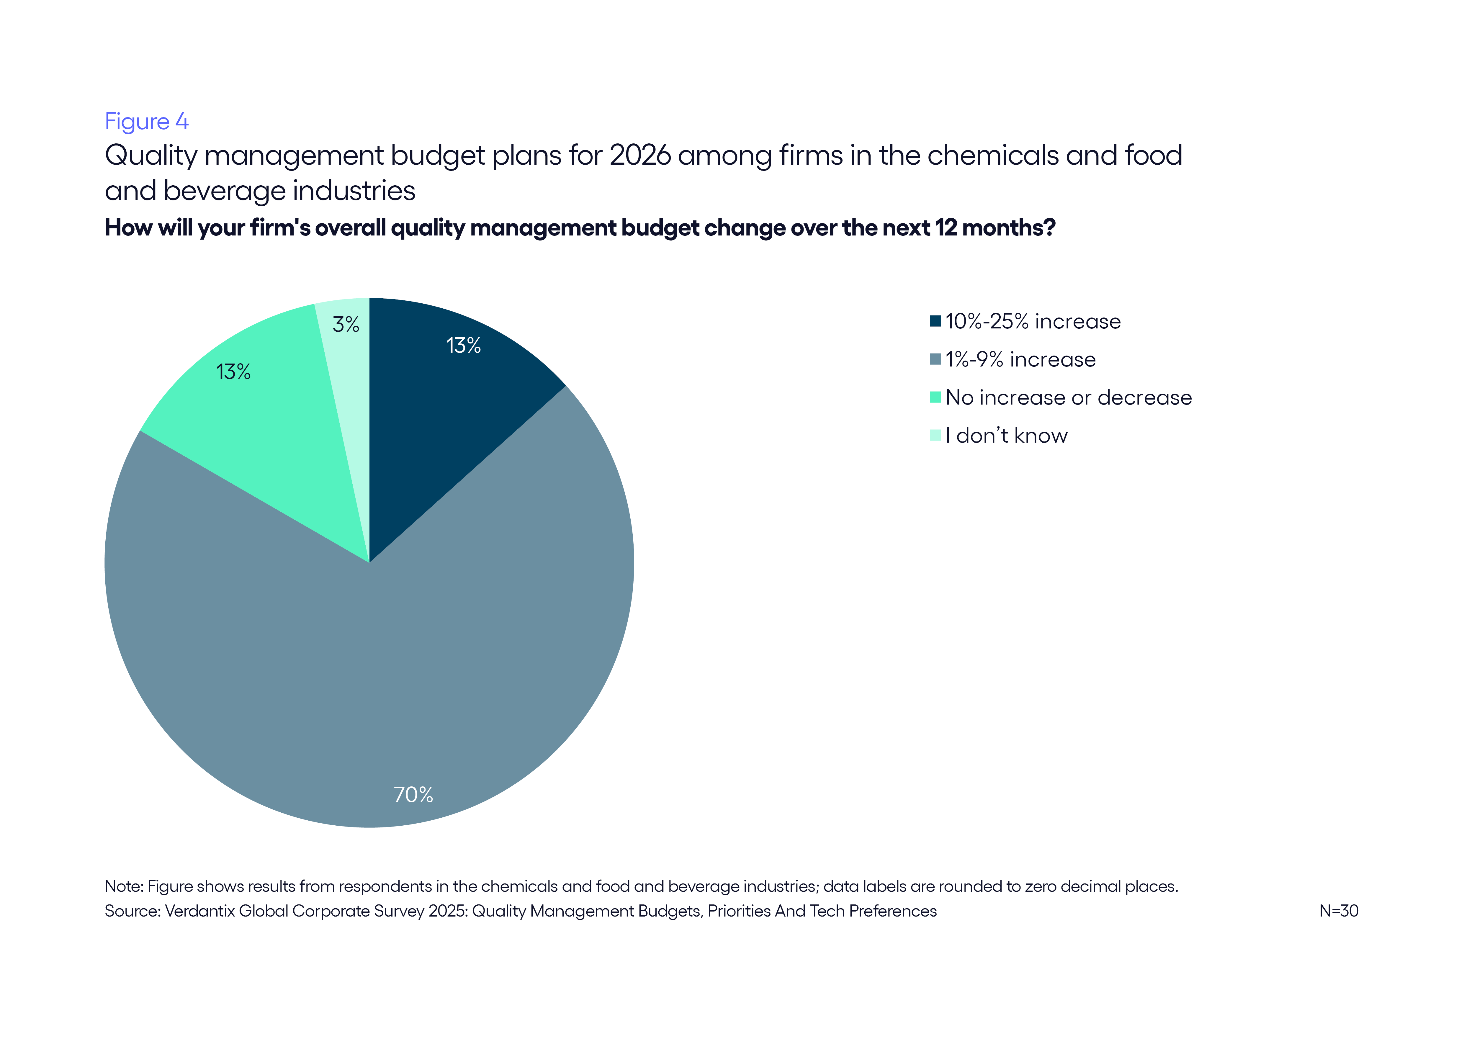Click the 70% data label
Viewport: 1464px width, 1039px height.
click(x=413, y=795)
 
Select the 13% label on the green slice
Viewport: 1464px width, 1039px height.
click(x=233, y=372)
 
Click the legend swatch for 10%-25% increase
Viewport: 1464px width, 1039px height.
click(x=935, y=321)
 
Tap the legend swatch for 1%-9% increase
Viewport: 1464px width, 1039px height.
click(x=935, y=359)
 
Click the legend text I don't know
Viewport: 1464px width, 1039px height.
click(x=1007, y=436)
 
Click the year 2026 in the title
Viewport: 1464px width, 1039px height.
click(x=640, y=156)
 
